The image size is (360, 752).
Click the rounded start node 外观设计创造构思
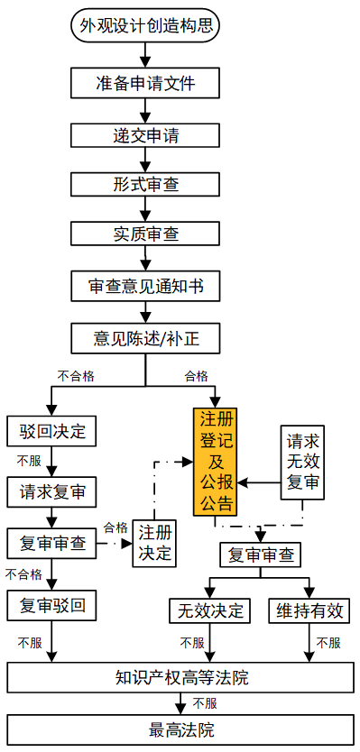(145, 26)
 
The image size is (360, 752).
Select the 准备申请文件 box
(145, 84)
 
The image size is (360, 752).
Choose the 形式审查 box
(145, 184)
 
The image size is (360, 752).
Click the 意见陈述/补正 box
(145, 339)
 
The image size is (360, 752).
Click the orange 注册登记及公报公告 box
(216, 461)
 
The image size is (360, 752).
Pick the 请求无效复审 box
(302, 463)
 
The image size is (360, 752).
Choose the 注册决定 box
(154, 542)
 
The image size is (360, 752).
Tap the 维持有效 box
(309, 610)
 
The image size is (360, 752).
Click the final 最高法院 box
(181, 729)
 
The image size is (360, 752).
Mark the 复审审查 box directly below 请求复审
(51, 544)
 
